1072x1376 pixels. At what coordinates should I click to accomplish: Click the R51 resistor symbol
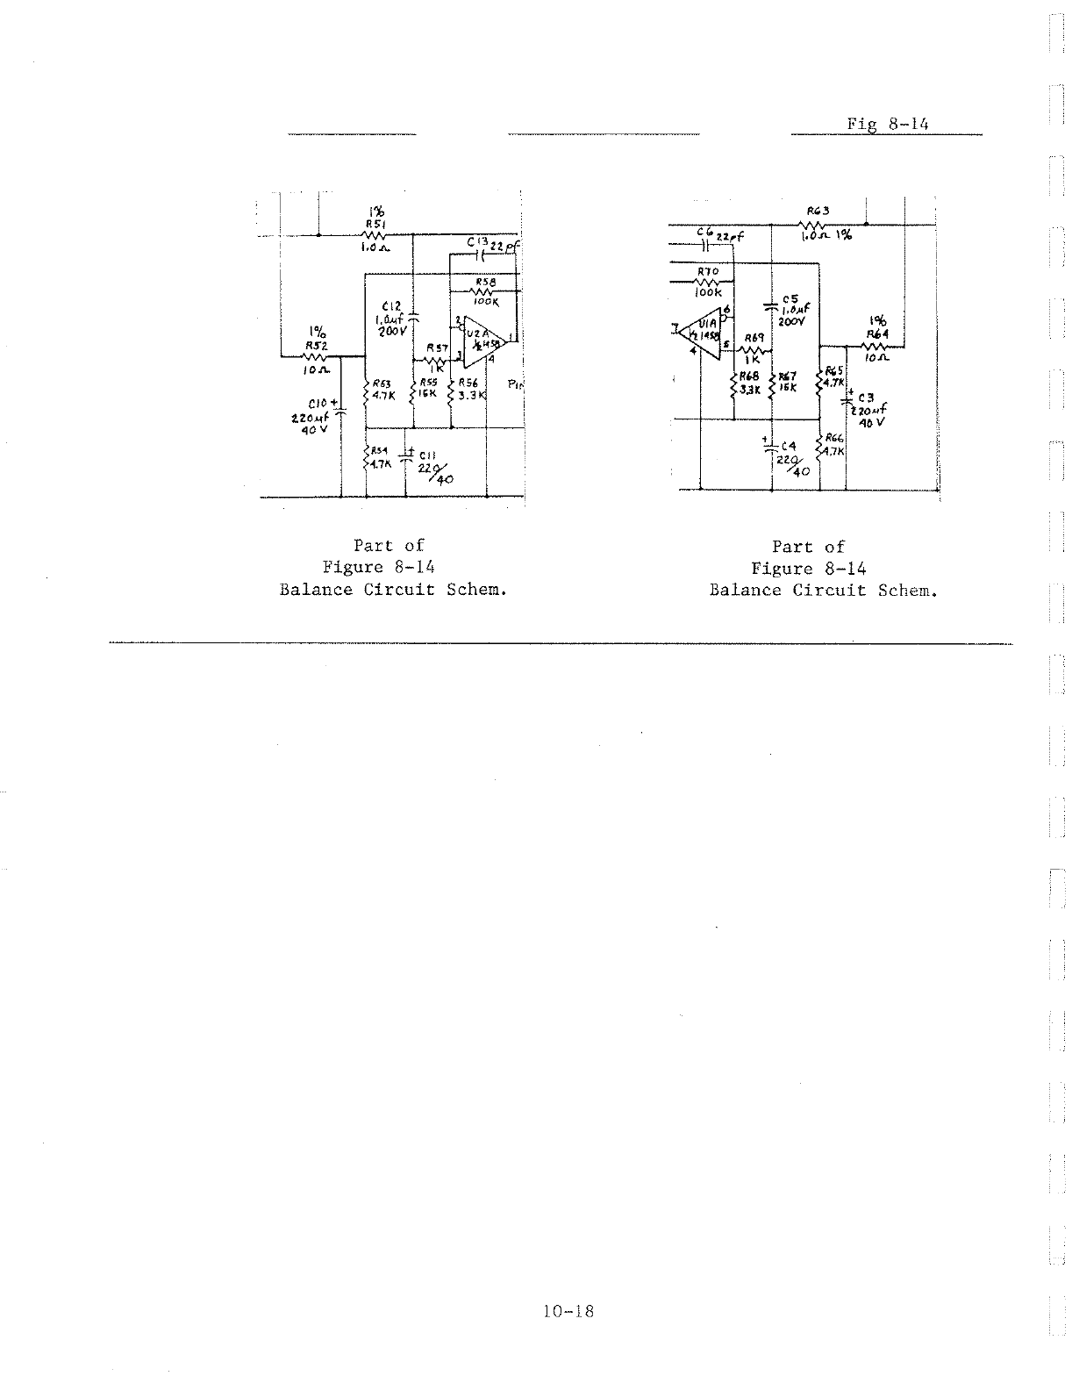click(x=375, y=234)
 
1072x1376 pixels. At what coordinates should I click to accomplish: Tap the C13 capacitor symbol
click(x=479, y=256)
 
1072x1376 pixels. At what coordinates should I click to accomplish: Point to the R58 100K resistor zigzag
click(x=485, y=291)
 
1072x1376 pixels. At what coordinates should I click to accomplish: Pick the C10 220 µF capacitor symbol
click(x=341, y=409)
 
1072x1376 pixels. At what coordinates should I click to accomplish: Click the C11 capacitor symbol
click(x=406, y=455)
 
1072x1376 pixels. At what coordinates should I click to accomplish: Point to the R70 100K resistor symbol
click(x=707, y=282)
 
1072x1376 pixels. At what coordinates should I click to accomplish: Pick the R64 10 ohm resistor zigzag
click(x=876, y=345)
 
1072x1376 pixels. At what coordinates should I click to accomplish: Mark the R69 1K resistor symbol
click(x=753, y=350)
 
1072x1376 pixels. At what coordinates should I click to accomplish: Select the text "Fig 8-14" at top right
click(x=887, y=124)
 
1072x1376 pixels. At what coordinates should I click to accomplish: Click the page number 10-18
click(x=568, y=1311)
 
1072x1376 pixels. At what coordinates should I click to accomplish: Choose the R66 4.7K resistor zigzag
click(x=819, y=448)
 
